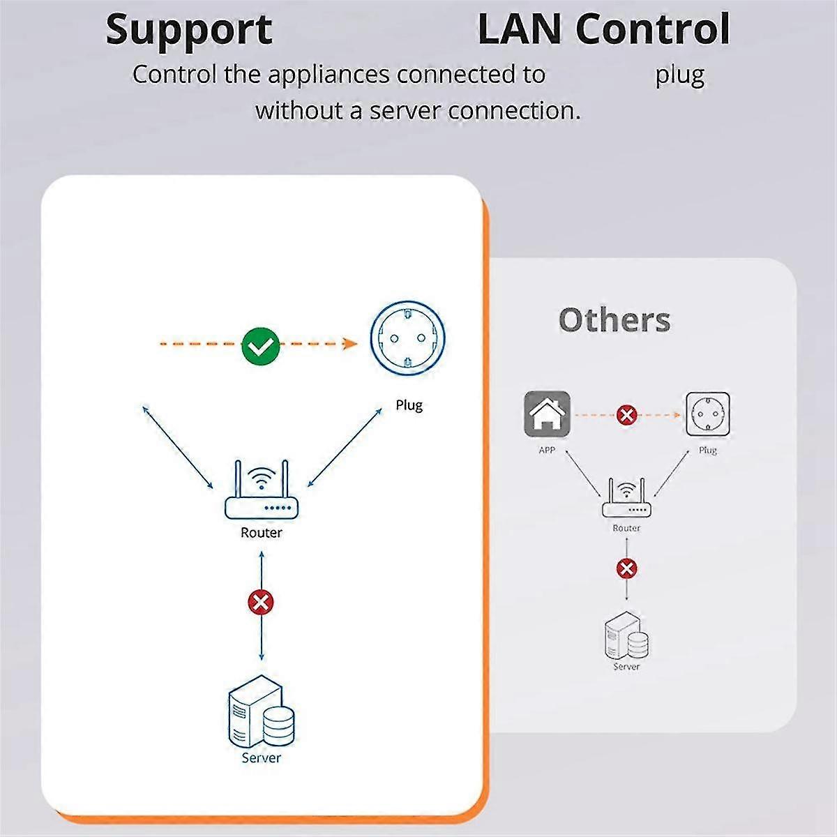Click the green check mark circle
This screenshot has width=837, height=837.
261,345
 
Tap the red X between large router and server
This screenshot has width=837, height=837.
261,602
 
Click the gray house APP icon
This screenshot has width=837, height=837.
547,414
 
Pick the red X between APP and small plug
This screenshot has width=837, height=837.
627,416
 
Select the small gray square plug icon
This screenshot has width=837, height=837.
708,414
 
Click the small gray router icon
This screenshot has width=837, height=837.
626,498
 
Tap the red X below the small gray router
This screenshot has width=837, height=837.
627,568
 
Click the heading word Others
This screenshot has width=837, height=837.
614,320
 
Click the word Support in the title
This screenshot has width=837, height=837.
188,31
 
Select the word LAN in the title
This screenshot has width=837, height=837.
519,29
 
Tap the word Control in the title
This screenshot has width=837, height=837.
653,29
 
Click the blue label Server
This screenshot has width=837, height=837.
261,757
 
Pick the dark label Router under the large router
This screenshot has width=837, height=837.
262,533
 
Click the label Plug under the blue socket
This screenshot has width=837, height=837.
409,405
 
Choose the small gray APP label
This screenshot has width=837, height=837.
547,451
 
